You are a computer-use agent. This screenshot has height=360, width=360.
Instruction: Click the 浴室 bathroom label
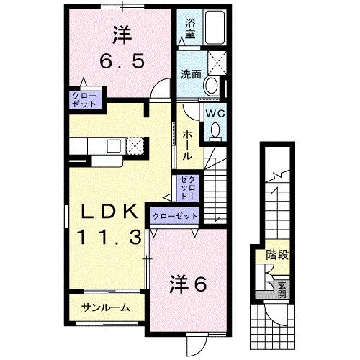point(190,27)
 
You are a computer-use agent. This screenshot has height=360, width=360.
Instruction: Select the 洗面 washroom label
point(191,73)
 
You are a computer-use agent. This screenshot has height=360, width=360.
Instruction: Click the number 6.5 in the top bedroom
point(122,60)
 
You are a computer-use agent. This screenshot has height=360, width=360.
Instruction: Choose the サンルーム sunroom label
point(106,307)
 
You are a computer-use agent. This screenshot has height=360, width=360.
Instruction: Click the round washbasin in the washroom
point(210,86)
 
